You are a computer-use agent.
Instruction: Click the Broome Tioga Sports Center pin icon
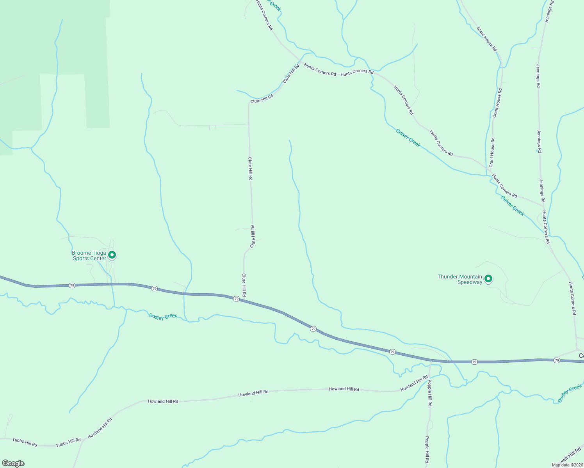112,255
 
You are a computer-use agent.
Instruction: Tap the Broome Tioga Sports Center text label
89,255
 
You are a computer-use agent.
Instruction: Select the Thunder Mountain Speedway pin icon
488,279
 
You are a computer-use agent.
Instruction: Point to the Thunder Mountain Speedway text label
460,279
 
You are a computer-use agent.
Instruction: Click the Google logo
13,463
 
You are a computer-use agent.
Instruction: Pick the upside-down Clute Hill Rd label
253,236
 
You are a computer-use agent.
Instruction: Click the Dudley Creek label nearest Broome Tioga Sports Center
163,316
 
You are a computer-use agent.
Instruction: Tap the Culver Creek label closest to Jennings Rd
513,206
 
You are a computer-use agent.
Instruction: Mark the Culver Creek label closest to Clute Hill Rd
408,138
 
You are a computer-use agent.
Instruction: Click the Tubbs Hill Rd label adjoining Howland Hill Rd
68,443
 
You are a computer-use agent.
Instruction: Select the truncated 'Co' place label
581,356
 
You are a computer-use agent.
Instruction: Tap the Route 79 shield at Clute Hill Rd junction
236,299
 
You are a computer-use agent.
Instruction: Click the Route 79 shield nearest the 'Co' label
557,360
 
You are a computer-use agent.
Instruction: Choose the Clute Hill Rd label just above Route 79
244,285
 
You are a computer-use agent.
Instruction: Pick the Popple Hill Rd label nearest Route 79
430,393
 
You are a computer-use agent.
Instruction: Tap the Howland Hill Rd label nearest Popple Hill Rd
414,383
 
